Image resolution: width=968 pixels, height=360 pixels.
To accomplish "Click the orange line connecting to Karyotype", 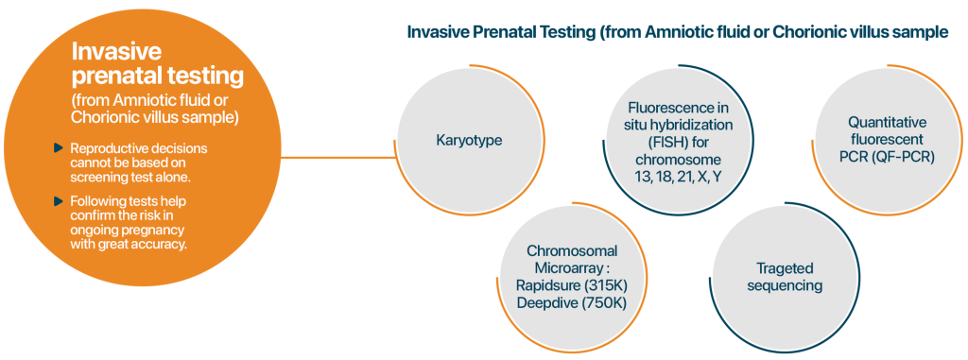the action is pyautogui.click(x=338, y=158).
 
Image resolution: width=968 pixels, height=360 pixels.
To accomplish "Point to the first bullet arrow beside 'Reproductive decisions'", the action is pyautogui.click(x=59, y=147).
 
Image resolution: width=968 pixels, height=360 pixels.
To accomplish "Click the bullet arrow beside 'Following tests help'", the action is pyautogui.click(x=59, y=200).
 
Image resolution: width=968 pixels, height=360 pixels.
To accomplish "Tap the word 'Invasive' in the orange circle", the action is pyautogui.click(x=116, y=51).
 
